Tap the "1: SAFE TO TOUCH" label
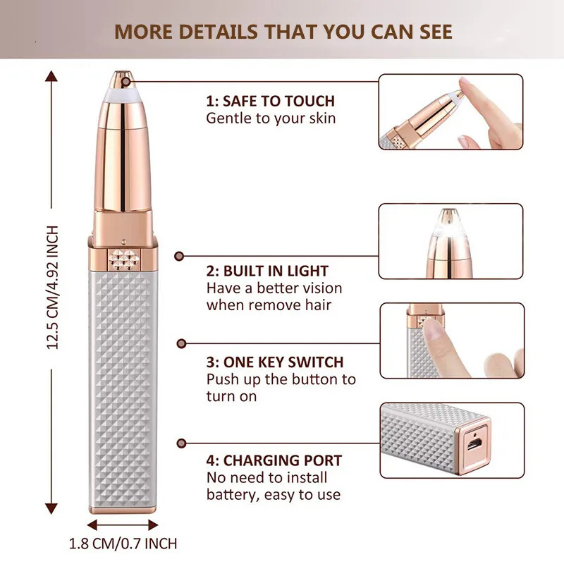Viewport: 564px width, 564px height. pos(270,101)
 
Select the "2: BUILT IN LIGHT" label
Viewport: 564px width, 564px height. pos(267,271)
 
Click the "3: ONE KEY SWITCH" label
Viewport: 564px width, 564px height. pos(275,362)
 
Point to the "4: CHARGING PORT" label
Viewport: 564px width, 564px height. pos(274,461)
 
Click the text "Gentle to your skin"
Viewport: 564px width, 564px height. pos(271,118)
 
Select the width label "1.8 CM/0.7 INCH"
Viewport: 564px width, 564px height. pos(123,544)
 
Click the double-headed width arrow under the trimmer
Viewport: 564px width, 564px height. pos(123,525)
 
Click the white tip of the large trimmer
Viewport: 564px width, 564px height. pos(122,88)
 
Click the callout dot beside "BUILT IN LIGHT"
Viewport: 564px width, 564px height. pos(179,257)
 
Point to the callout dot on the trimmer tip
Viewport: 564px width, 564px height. pos(127,80)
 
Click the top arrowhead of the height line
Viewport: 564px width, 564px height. pos(51,75)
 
